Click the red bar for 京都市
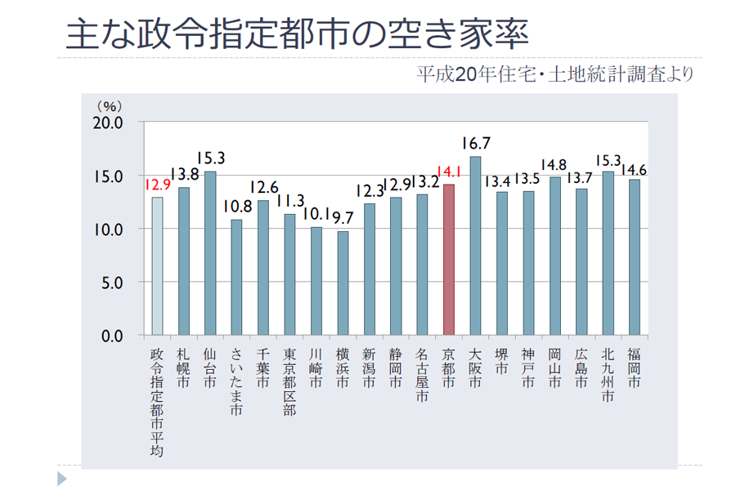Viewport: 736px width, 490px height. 448,260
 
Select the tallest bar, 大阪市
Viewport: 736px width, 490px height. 475,246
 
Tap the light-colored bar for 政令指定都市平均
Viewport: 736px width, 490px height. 157,266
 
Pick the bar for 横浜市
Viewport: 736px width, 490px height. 343,283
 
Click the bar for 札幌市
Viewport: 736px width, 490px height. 184,261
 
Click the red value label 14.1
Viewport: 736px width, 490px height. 449,172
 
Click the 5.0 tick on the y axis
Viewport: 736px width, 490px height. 111,283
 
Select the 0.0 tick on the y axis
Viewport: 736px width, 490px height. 111,336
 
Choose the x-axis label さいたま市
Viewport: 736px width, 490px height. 236,383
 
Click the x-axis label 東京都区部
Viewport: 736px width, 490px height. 289,383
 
